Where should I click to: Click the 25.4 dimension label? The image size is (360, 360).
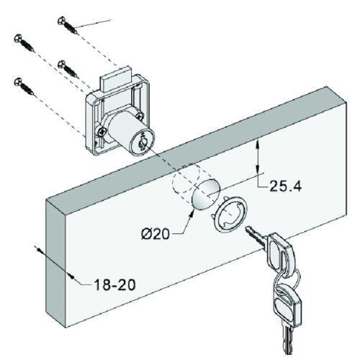tap(285, 186)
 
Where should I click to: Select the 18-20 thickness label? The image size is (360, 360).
tap(113, 284)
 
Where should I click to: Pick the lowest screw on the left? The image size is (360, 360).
tap(23, 89)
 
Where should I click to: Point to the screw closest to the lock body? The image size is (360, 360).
tap(71, 69)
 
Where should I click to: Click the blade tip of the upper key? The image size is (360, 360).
tap(248, 230)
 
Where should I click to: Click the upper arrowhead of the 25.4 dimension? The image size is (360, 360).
tap(258, 143)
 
